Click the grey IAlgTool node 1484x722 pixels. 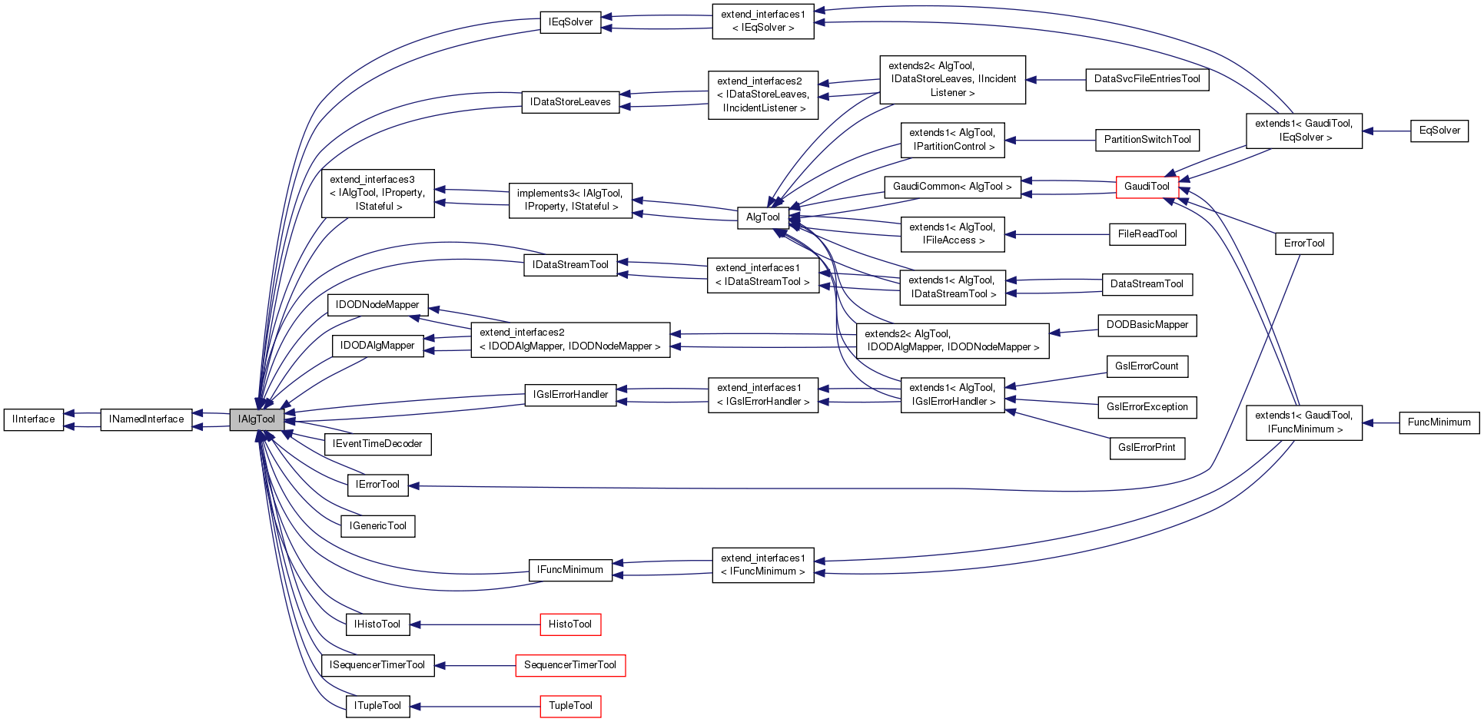point(257,419)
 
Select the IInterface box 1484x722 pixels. point(34,419)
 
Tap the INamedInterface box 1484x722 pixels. point(146,419)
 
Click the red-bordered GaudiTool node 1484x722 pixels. point(1147,187)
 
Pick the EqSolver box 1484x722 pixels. point(1439,131)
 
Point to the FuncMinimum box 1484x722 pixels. point(1439,422)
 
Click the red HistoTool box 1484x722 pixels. point(569,624)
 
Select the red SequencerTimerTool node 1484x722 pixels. point(569,665)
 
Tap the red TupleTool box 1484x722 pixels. point(569,706)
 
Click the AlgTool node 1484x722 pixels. point(762,217)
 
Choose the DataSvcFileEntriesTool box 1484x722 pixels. point(1147,79)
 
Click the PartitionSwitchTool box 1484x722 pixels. point(1147,140)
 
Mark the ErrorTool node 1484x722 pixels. point(1304,243)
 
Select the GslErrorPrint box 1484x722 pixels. point(1147,448)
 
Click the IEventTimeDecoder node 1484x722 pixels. point(377,444)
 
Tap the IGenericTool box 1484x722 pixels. point(377,526)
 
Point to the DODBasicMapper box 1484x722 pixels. point(1147,325)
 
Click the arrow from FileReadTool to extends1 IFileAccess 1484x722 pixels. point(1057,234)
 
